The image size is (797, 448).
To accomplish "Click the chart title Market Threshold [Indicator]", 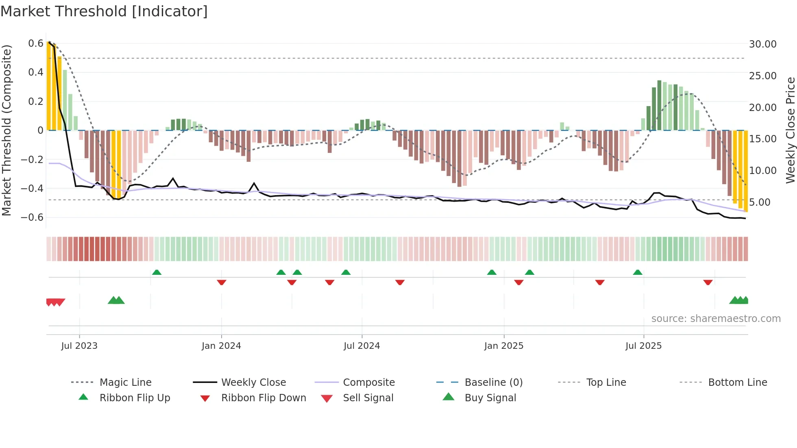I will tap(104, 11).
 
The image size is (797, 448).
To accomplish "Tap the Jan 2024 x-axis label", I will tap(221, 346).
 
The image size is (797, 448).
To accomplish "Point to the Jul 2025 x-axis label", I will tap(643, 346).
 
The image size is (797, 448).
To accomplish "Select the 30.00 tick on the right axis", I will tap(762, 44).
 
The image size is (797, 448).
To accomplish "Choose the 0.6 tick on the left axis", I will tap(35, 43).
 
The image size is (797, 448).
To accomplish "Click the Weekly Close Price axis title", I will tap(790, 130).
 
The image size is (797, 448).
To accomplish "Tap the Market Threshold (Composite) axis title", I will tap(7, 130).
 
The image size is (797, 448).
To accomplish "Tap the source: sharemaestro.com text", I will tap(716, 319).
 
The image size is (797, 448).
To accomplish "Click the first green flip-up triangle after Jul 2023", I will tap(157, 272).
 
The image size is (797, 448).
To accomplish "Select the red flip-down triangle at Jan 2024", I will tap(222, 282).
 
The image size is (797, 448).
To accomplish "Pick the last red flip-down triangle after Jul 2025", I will tap(708, 282).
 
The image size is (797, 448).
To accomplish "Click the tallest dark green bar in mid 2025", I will tap(659, 105).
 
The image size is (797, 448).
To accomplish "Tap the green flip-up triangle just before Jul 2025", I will tap(638, 272).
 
